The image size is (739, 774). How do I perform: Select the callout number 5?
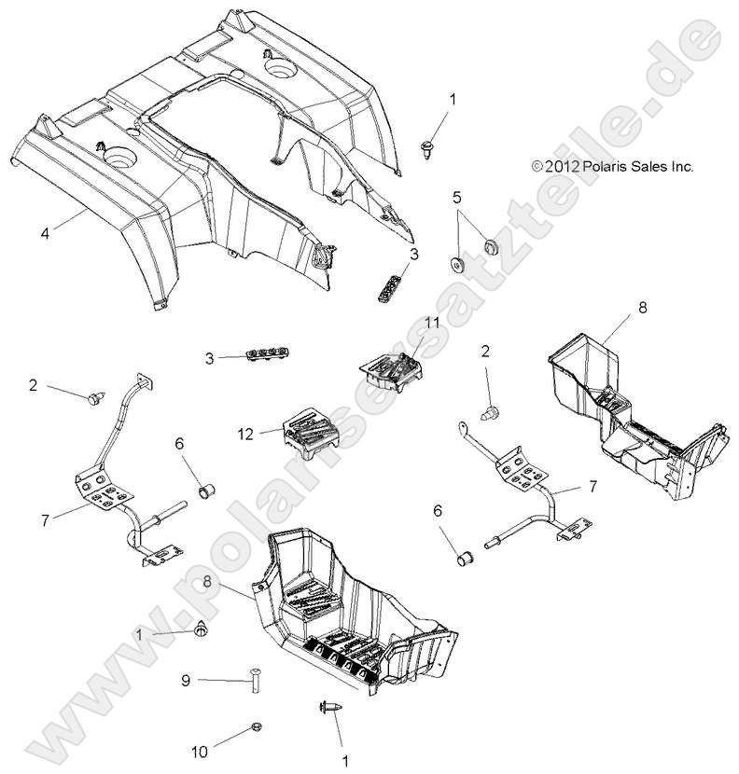point(457,197)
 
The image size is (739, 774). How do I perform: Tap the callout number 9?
point(186,682)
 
